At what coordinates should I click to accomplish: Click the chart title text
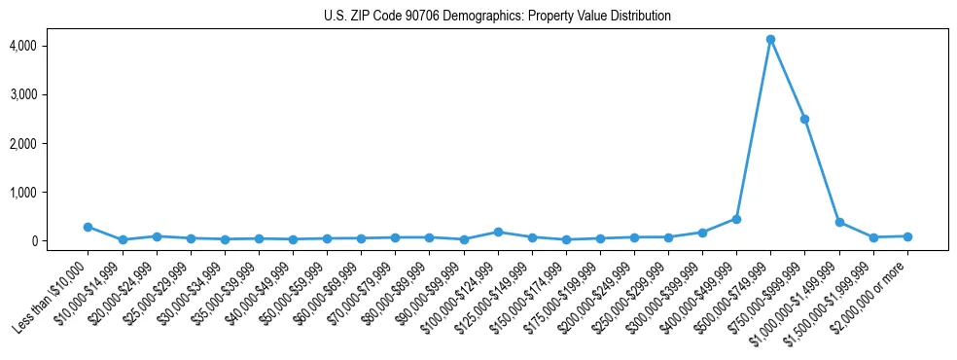click(x=497, y=17)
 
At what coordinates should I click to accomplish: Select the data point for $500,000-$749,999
click(x=770, y=40)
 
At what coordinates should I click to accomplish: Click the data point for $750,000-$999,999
click(x=804, y=119)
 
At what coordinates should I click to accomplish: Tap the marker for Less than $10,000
click(x=89, y=227)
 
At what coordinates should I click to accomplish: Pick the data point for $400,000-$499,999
click(x=736, y=219)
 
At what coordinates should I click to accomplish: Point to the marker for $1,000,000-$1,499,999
click(x=838, y=222)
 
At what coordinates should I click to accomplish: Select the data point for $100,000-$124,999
click(x=498, y=232)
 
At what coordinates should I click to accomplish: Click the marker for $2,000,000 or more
click(x=906, y=236)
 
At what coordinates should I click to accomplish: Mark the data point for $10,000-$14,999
click(x=123, y=239)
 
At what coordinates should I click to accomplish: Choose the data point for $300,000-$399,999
click(x=702, y=233)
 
